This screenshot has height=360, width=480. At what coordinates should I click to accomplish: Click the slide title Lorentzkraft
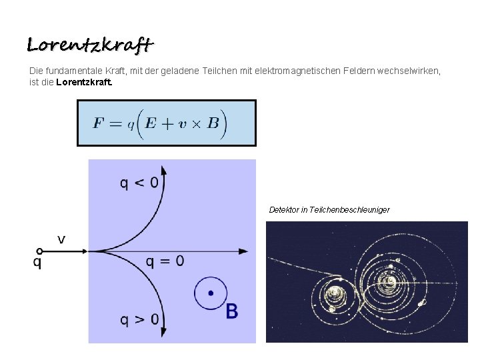[90, 45]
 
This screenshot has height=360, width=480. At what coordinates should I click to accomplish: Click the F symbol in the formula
[98, 123]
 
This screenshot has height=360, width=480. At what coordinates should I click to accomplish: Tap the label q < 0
[139, 183]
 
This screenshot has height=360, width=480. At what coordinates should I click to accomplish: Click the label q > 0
[139, 319]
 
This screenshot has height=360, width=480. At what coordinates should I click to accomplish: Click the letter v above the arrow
[61, 239]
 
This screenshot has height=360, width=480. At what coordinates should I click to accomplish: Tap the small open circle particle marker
[40, 251]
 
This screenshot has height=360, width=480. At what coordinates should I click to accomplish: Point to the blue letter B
[231, 311]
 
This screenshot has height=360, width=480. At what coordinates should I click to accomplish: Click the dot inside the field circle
[211, 293]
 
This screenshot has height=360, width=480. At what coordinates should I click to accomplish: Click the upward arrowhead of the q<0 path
[163, 173]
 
